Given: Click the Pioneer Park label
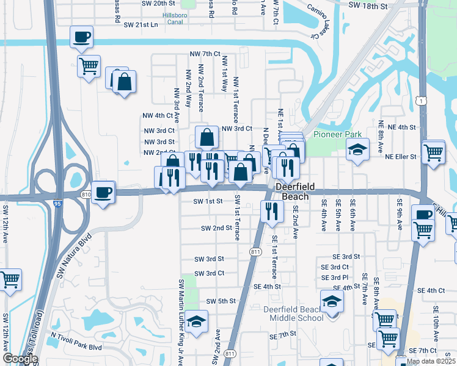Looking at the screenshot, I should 337,134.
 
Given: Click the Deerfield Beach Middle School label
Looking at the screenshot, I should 293,314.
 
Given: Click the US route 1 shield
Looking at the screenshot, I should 420,99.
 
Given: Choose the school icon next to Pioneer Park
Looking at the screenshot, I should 357,149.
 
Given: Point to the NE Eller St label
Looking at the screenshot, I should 401,156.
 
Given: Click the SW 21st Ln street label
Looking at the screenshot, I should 141,25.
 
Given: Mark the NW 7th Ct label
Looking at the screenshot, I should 205,54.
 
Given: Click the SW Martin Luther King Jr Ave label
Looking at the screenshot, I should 181,322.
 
